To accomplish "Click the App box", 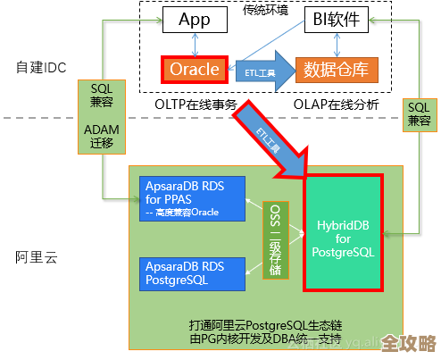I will tap(194, 20).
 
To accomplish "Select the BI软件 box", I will tap(337, 20).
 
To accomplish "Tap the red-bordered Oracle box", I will tap(194, 70).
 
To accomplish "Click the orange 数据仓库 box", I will tap(337, 70).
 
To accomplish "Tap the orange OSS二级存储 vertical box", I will tap(277, 236).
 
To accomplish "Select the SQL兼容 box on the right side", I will tap(419, 114).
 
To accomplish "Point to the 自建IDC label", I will tap(41, 66).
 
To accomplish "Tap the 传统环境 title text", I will tap(265, 10).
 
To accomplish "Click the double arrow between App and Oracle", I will tap(194, 44).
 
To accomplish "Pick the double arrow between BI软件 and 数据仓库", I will tap(337, 44).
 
